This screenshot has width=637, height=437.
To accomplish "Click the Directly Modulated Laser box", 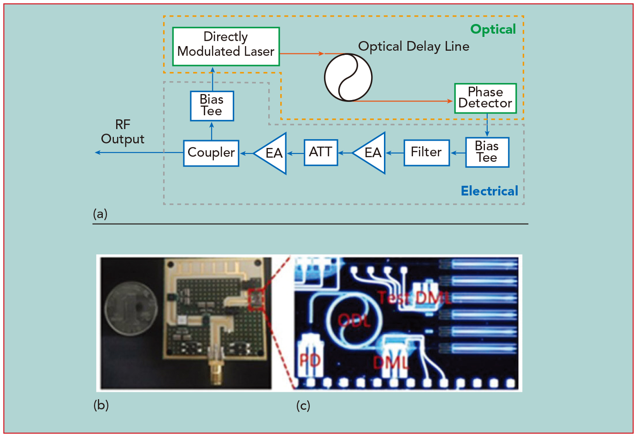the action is point(226,47).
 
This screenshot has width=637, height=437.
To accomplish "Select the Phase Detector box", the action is point(485,98).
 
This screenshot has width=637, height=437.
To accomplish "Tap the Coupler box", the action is point(211,153).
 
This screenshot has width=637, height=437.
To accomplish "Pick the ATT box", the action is point(321,153).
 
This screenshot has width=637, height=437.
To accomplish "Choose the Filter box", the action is point(426,153).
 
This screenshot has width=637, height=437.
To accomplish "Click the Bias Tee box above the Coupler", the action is point(212,106).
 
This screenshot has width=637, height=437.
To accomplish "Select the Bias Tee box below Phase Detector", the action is point(487,153).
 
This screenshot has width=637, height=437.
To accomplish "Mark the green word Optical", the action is point(493,30).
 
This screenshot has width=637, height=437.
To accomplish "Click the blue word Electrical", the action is point(490,191).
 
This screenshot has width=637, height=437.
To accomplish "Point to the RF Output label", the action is point(123,132).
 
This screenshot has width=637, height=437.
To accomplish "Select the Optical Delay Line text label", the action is point(413,47).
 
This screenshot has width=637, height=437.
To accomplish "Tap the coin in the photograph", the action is point(131,308).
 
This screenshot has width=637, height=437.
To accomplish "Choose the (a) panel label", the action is point(100,213).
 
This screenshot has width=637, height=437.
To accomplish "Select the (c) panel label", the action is point(303,406).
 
